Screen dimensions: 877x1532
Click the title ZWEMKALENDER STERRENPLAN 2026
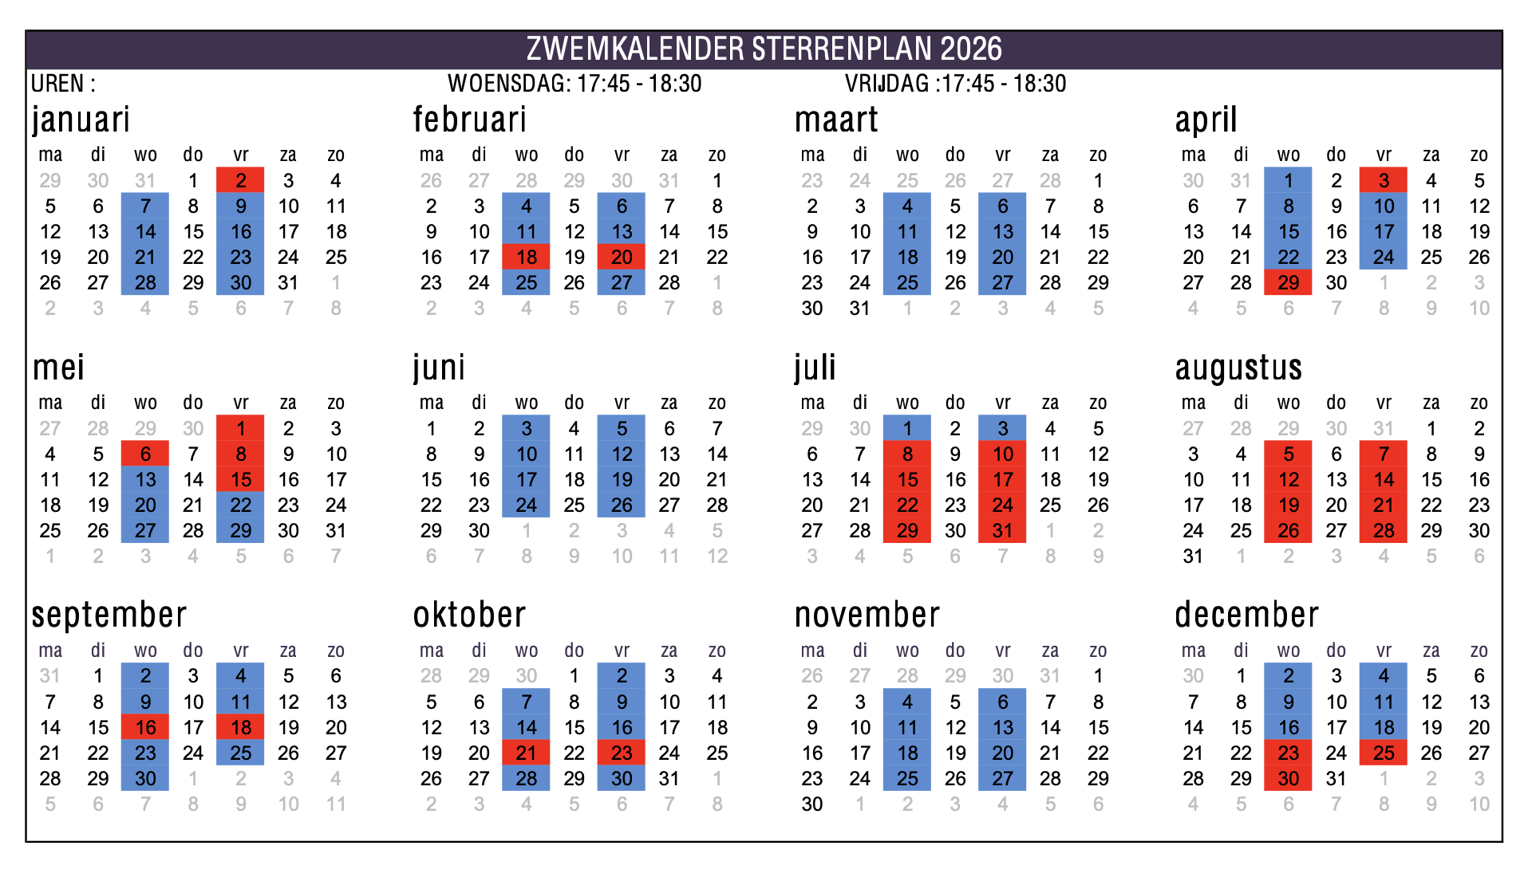[764, 49]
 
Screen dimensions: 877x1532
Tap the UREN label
[63, 84]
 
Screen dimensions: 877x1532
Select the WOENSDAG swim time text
[574, 84]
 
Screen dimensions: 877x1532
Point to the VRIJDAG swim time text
[955, 84]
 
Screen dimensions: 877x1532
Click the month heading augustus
[1238, 368]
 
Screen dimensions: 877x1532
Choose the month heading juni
[439, 368]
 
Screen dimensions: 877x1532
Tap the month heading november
[867, 615]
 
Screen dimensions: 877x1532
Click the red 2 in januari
[241, 181]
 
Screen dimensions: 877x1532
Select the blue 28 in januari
[145, 283]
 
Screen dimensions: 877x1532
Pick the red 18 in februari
[527, 258]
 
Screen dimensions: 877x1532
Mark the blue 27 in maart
[1003, 283]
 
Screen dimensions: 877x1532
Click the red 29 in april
[1289, 283]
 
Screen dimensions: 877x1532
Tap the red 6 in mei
[145, 454]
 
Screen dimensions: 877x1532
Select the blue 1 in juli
[907, 429]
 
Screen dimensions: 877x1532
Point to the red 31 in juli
[1003, 531]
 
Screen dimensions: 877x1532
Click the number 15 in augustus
[1431, 480]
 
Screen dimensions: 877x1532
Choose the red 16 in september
[145, 728]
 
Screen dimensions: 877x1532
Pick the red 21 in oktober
[527, 753]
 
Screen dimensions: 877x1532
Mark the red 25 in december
[1384, 753]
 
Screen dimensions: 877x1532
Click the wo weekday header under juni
[527, 403]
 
